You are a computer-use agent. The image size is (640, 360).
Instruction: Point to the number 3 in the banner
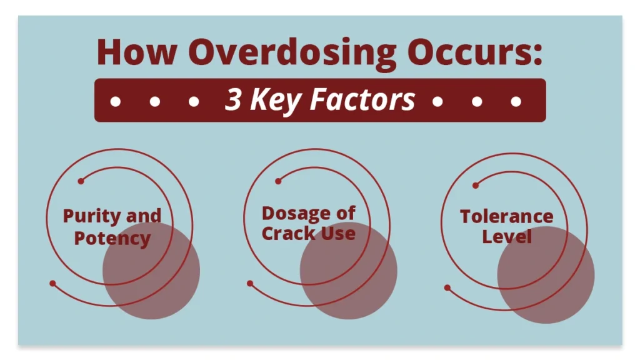(234, 99)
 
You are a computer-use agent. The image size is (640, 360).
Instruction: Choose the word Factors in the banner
(362, 99)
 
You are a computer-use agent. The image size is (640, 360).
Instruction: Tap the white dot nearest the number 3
(194, 101)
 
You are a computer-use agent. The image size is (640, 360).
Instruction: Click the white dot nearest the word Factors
(437, 101)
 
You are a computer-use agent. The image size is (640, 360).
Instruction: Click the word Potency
(112, 238)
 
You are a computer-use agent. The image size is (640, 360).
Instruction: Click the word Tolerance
(506, 216)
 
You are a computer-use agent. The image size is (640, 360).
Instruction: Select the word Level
(507, 236)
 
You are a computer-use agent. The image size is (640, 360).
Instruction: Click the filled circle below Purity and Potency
(151, 271)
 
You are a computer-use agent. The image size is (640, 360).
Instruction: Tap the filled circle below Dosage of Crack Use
(349, 271)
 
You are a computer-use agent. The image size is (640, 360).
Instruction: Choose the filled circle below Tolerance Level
(546, 275)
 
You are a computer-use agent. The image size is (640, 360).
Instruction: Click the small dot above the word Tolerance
(476, 186)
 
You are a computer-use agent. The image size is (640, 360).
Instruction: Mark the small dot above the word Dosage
(278, 181)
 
